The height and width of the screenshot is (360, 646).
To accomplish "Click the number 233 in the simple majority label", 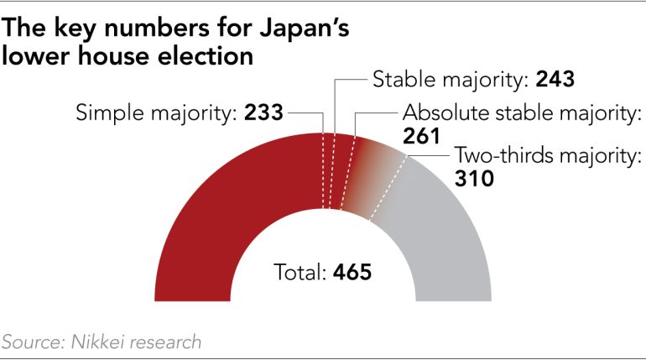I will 263,112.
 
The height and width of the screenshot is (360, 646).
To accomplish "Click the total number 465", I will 352,273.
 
